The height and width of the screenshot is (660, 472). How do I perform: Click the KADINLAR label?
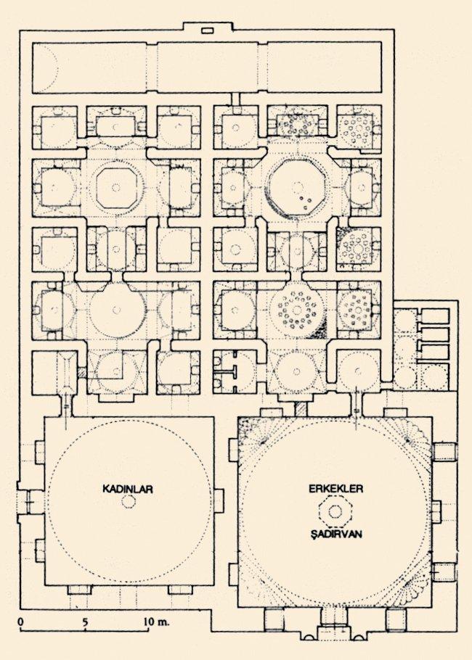point(127,489)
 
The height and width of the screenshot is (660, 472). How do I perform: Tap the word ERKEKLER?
point(336,489)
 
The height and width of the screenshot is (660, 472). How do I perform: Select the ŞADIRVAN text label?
point(336,534)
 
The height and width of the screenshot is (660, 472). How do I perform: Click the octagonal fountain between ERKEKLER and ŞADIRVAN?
point(335,511)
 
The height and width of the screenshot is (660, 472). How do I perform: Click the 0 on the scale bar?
point(20,622)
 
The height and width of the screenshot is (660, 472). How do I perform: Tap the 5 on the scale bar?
point(85,622)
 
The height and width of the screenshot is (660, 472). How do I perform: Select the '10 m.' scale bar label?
point(156,622)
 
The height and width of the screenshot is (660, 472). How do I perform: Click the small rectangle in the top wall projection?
point(208,30)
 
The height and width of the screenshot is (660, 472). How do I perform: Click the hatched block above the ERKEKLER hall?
point(301,409)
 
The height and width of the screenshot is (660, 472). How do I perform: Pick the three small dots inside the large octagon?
point(305,202)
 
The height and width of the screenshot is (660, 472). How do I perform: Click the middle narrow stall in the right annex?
point(434,335)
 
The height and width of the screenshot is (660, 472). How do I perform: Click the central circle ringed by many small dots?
point(297,310)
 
